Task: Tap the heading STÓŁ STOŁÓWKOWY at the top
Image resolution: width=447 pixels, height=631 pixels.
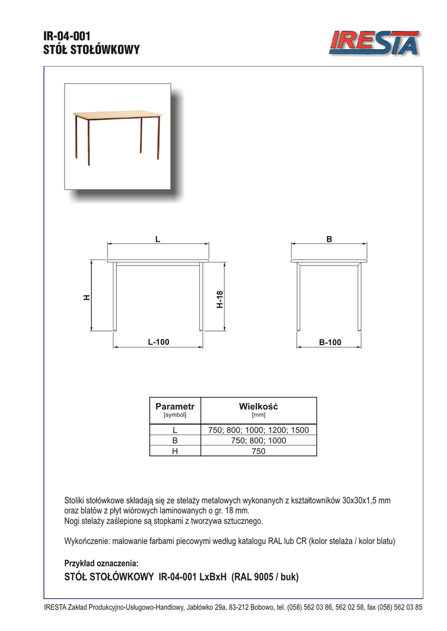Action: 92,50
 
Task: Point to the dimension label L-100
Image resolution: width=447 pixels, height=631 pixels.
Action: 158,342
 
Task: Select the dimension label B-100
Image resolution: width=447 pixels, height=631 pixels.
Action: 329,342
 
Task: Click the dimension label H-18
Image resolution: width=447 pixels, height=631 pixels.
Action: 220,299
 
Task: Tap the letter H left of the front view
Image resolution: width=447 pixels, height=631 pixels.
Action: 87,297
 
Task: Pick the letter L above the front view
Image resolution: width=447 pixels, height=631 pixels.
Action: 158,238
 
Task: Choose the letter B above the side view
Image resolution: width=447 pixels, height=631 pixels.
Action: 329,238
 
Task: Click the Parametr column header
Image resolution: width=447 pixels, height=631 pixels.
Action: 175,407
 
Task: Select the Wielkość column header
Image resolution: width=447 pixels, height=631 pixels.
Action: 259,407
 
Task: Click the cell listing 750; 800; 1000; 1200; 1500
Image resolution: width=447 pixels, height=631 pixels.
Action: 259,430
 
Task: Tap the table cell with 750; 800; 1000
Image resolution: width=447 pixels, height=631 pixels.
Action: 259,441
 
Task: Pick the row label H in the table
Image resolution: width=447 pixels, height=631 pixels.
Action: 175,451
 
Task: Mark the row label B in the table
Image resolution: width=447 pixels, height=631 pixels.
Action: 175,441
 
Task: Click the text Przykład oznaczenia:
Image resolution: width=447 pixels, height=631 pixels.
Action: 102,563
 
